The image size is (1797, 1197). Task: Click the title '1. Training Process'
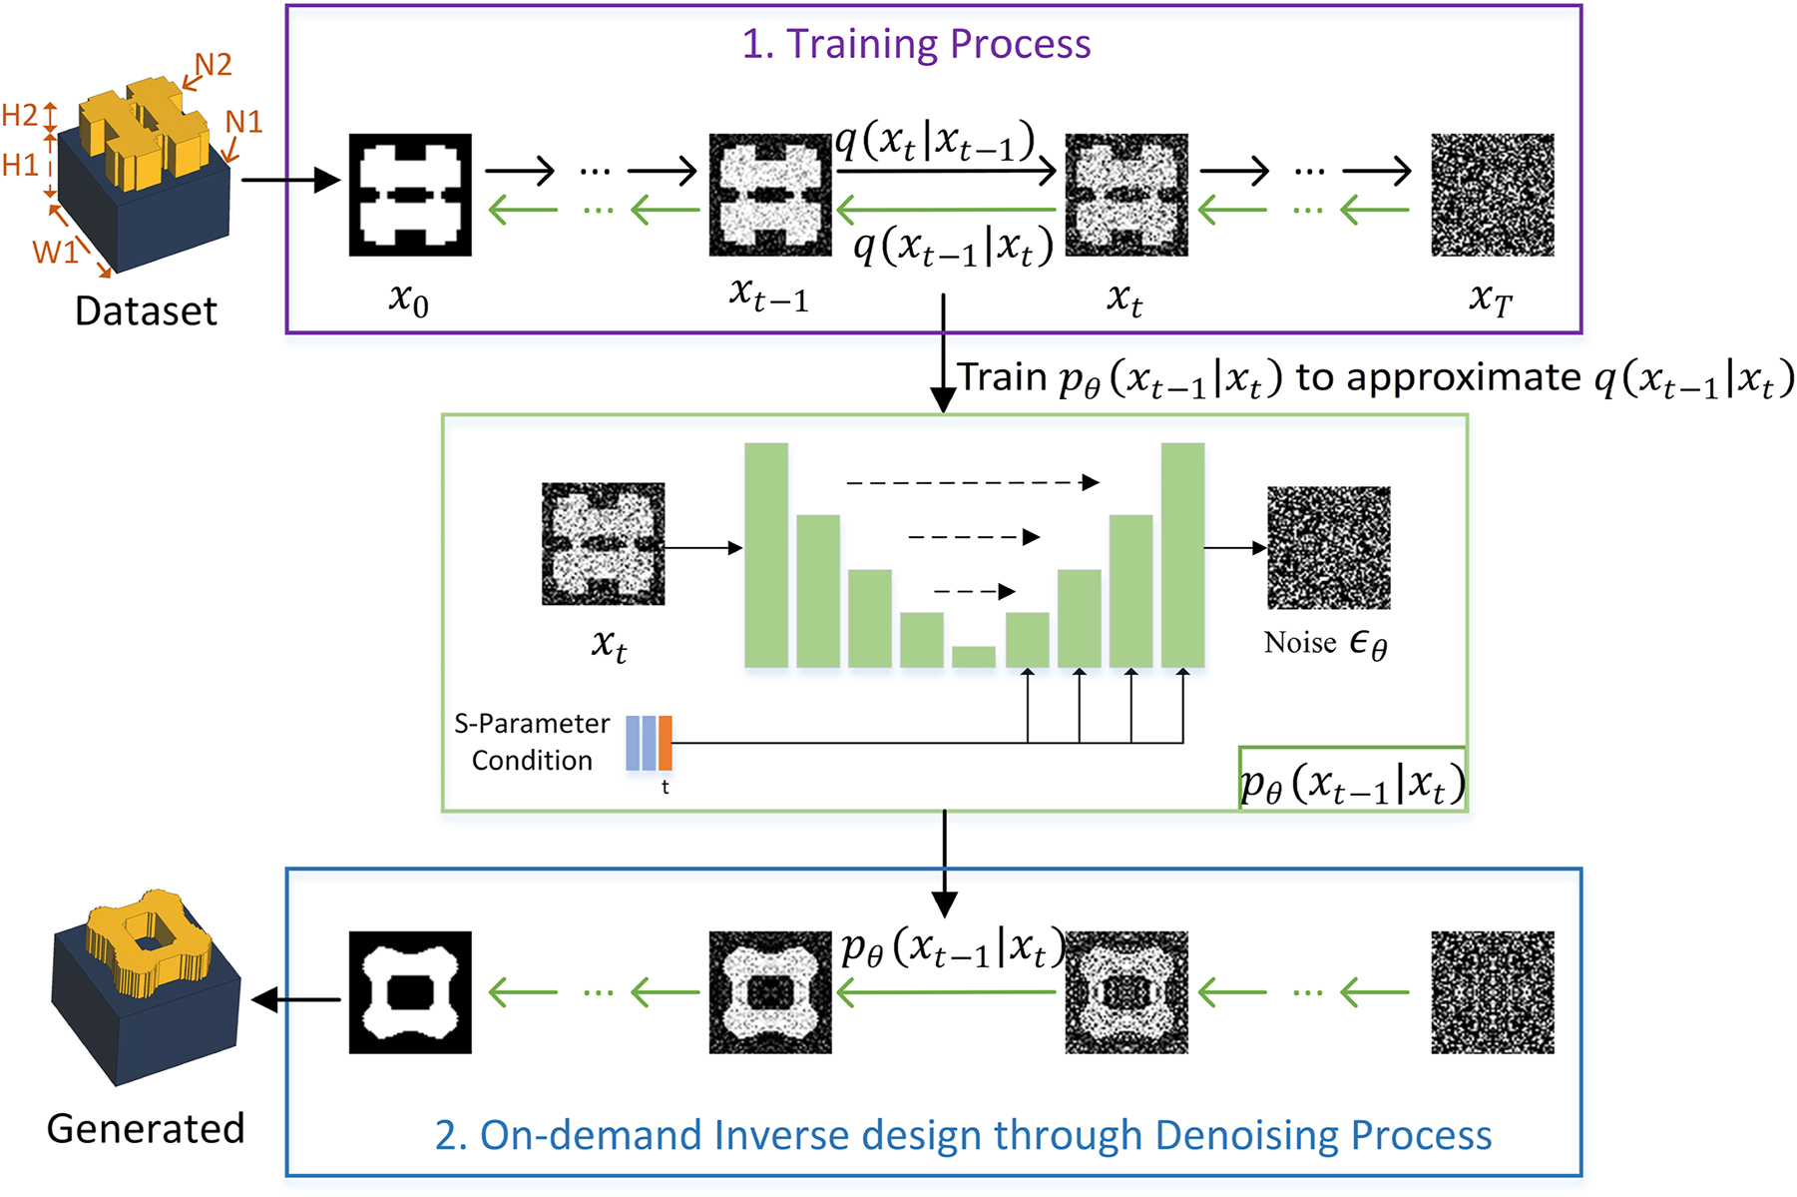(916, 44)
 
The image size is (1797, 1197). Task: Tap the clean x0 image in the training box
(409, 195)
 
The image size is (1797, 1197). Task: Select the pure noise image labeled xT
(1492, 195)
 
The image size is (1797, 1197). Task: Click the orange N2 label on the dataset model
(214, 66)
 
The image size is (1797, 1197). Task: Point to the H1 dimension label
(20, 165)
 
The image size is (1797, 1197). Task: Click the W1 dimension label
(55, 252)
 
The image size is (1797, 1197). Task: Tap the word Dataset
(146, 311)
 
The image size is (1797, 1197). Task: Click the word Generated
(146, 1128)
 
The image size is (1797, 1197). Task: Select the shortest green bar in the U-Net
(973, 656)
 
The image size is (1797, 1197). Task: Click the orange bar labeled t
(666, 743)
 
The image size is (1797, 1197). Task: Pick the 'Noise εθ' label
(1325, 644)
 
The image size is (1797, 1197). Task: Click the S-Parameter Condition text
(532, 742)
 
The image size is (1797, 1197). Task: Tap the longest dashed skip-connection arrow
(972, 483)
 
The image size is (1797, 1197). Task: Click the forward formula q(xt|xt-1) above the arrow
(936, 143)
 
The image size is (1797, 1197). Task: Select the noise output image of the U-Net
(1328, 548)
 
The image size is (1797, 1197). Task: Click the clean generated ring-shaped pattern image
(409, 992)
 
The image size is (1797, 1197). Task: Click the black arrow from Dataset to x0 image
(289, 181)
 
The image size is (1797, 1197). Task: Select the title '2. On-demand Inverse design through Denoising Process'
(963, 1136)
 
